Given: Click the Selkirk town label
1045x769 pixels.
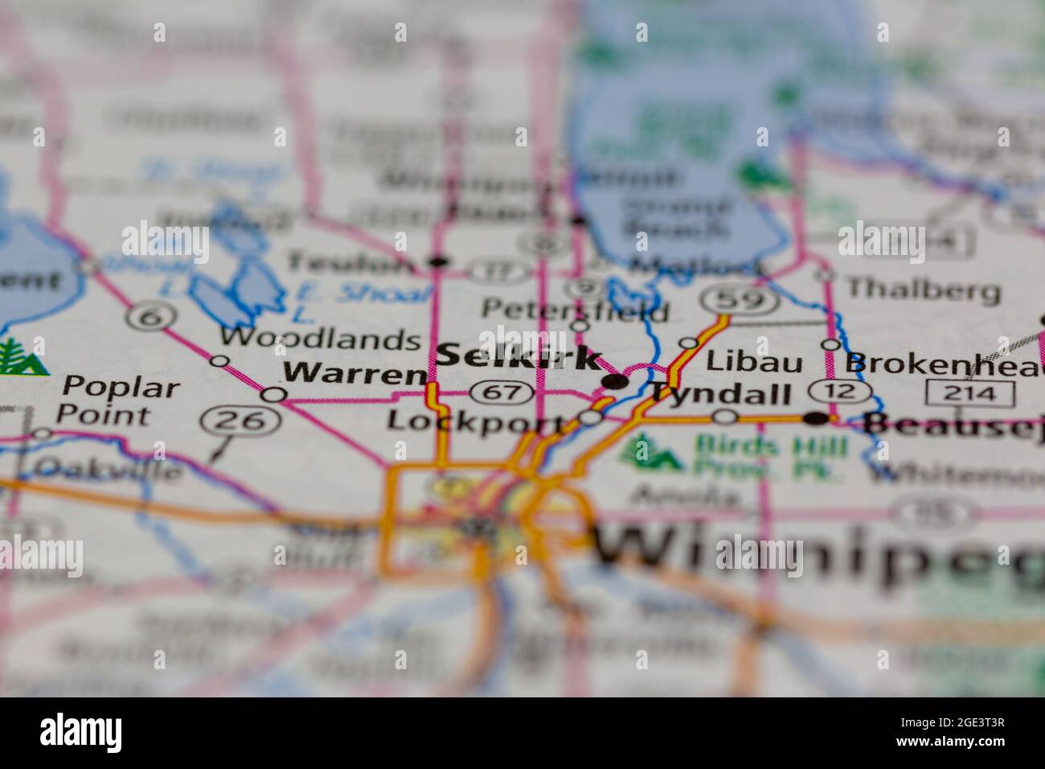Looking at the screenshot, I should coord(519,356).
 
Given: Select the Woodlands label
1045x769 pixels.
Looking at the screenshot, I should coord(320,339).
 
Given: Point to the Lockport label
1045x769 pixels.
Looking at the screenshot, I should coord(475,420).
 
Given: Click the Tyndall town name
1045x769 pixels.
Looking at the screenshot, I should coord(720,393).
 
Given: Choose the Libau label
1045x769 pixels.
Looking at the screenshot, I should coord(753,362).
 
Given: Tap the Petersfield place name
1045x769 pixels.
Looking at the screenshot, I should coord(575,308).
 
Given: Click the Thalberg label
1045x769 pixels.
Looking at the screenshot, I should coord(924,288).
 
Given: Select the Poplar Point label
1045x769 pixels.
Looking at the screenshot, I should coord(121,400).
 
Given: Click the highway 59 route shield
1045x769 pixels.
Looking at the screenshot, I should coord(740,300).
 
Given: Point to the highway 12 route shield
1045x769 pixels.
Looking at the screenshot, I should coord(840,392).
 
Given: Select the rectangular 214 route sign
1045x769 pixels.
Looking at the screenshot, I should coord(970,393).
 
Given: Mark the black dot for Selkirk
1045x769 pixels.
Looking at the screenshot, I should coord(616,382).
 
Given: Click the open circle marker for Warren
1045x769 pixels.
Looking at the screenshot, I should coord(273,394).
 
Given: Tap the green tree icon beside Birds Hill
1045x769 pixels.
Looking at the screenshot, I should coord(651,453).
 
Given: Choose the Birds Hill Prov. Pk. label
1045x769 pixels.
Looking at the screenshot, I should coord(769,456).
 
